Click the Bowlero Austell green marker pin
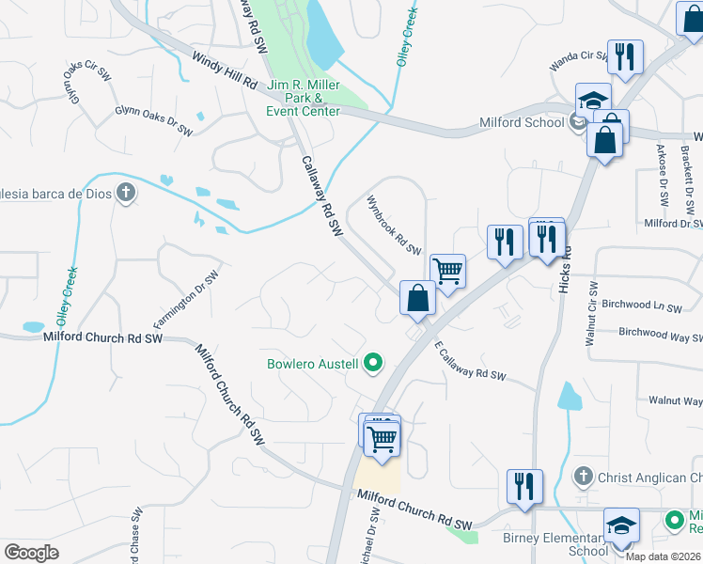click(373, 363)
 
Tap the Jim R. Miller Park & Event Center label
click(304, 98)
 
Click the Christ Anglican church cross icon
click(584, 478)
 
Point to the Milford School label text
click(522, 122)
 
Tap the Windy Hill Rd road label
click(225, 70)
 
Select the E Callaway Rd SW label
click(470, 362)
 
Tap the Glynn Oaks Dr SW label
click(153, 120)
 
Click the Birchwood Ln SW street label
click(641, 306)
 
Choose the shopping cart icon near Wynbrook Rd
click(448, 271)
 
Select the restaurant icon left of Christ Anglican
click(523, 485)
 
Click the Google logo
click(31, 553)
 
